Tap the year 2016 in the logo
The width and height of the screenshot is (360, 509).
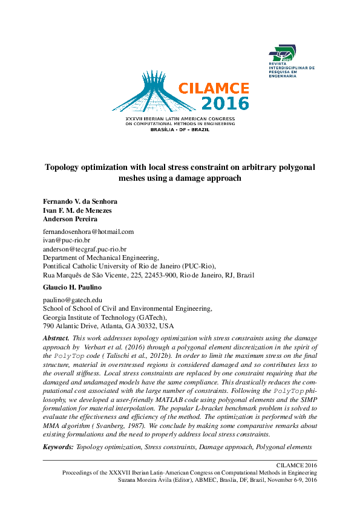pyautogui.click(x=225, y=103)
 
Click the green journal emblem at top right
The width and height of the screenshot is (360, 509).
pyautogui.click(x=284, y=56)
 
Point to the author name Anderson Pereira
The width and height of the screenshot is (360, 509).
pyautogui.click(x=70, y=219)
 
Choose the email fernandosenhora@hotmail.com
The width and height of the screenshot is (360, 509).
pyautogui.click(x=88, y=232)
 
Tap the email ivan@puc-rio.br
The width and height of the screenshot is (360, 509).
pyautogui.click(x=66, y=240)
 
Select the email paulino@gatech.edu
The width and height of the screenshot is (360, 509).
pyautogui.click(x=72, y=299)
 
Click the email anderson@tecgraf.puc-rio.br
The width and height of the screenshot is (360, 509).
pyautogui.click(x=85, y=248)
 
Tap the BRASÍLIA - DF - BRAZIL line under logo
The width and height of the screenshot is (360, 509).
pyautogui.click(x=179, y=129)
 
